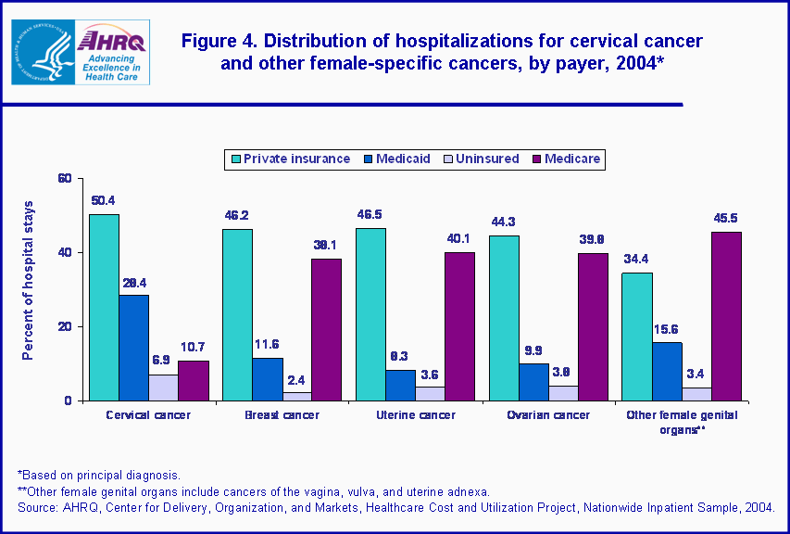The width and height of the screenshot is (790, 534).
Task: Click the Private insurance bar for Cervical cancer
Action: pos(104,307)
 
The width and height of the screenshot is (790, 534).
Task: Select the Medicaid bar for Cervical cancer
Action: pos(133,348)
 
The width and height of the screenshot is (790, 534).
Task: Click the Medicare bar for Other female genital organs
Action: pos(726,316)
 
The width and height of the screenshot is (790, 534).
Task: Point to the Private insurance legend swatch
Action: pos(236,159)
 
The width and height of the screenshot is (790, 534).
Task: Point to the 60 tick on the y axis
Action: pos(65,178)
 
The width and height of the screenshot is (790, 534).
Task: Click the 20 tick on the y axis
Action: pos(65,326)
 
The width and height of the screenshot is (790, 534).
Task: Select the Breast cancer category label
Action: pos(282,415)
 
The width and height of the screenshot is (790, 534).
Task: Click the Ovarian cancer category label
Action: pos(548,415)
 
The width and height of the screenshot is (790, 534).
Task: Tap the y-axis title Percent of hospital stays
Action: pos(29,279)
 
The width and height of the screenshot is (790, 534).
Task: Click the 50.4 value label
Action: pos(104,200)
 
